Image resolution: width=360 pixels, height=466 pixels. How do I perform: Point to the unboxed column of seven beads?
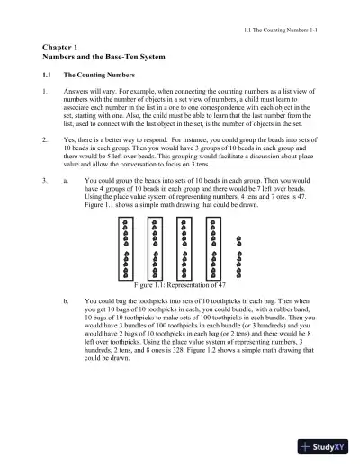tap(238, 255)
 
